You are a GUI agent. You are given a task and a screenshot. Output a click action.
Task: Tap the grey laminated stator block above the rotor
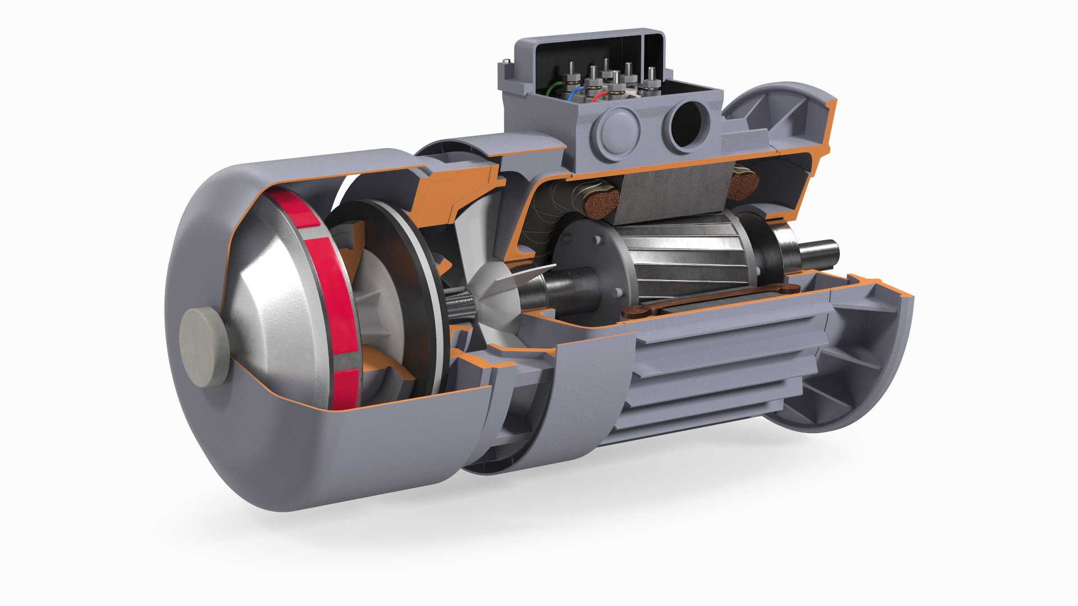click(674, 188)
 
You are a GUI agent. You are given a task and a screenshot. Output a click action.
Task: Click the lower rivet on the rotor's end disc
click(618, 292)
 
